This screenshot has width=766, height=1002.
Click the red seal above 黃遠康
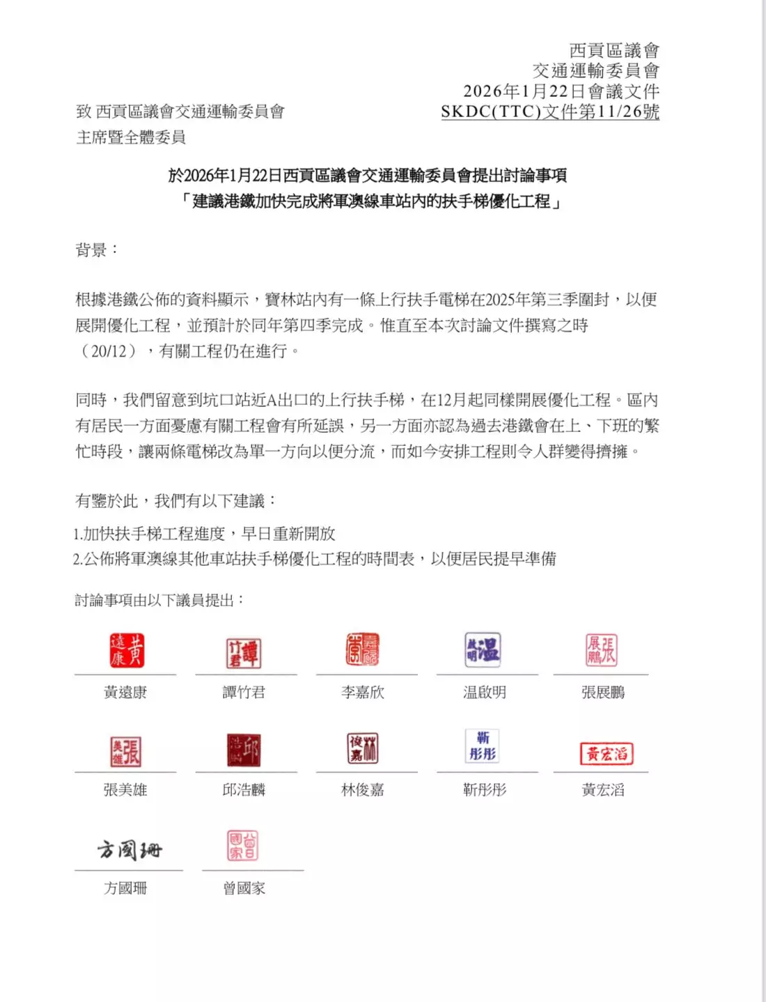[x=127, y=650]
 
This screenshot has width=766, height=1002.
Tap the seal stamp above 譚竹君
[x=243, y=654]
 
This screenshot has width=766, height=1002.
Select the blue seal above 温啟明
[x=483, y=649]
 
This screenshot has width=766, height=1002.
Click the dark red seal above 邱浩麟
[x=243, y=750]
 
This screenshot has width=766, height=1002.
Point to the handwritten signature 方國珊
[x=130, y=849]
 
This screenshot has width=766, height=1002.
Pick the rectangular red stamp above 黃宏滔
[x=607, y=753]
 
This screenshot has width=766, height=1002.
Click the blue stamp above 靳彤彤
[x=483, y=746]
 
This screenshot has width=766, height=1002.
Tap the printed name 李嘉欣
[x=363, y=692]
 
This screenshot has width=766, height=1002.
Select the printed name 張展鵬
[x=603, y=692]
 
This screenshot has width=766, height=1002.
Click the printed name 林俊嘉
[x=363, y=789]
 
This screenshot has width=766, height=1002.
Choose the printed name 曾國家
[x=244, y=888]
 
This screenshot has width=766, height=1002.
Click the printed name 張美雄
[x=125, y=789]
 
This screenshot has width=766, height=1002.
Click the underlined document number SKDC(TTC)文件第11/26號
[x=550, y=111]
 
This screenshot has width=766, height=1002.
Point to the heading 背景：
[x=97, y=249]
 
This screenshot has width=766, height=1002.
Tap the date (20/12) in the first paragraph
[x=109, y=350]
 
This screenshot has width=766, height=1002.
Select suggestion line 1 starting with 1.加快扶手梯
[x=204, y=534]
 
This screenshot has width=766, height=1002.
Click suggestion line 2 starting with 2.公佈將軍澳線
[x=314, y=559]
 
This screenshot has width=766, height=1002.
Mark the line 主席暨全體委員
[x=131, y=137]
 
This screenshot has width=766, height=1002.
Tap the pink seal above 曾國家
[x=242, y=845]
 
